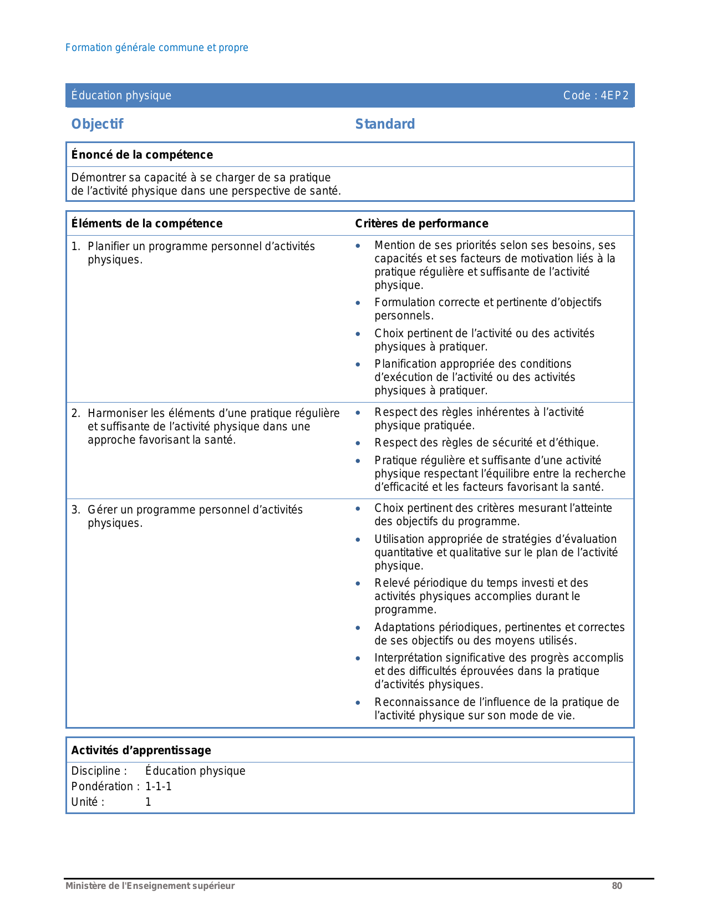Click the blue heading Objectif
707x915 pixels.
tap(97, 124)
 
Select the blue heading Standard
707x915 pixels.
tap(385, 124)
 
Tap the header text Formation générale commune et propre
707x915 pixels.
tap(156, 48)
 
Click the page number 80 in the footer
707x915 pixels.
tap(617, 886)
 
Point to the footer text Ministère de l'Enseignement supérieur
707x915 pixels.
tap(150, 886)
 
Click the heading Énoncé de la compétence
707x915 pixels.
tap(142, 155)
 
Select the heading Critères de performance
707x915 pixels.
tap(421, 223)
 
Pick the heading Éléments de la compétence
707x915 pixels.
tap(146, 223)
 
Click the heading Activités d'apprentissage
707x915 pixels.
tap(141, 750)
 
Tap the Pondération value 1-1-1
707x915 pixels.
tap(159, 786)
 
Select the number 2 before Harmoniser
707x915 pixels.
tap(75, 413)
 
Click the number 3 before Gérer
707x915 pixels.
tap(75, 510)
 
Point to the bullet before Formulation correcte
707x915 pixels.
tap(358, 303)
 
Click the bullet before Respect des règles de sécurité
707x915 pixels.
tap(358, 443)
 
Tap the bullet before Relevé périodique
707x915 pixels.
tap(358, 583)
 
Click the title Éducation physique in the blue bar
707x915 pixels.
tap(121, 95)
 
